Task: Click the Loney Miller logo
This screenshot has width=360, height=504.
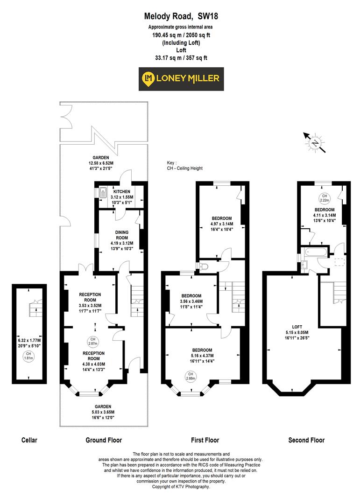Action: click(x=183, y=79)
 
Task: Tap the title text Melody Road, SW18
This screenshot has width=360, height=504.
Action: click(x=181, y=17)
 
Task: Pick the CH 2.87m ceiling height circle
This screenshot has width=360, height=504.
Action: click(x=92, y=341)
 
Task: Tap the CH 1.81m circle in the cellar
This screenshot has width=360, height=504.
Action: click(x=29, y=357)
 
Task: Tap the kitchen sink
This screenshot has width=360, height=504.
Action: click(x=103, y=192)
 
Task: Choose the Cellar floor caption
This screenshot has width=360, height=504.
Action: click(x=29, y=440)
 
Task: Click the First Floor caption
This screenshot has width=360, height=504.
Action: click(x=205, y=440)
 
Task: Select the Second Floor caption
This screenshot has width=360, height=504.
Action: click(x=306, y=440)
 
